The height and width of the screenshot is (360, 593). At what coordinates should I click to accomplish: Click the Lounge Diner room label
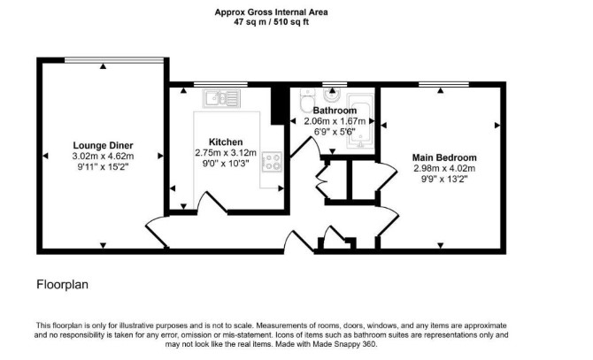(103, 145)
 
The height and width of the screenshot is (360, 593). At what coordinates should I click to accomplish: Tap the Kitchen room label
(226, 142)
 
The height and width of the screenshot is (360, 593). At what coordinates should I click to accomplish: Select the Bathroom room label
(335, 111)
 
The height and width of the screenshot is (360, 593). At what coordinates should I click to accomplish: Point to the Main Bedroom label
(444, 157)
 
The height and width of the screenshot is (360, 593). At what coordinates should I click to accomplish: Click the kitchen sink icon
(221, 98)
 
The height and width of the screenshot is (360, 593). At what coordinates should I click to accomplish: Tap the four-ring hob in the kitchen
(272, 162)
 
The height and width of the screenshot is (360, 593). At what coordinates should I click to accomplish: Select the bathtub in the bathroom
(360, 120)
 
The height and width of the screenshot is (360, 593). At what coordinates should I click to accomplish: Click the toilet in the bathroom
(306, 100)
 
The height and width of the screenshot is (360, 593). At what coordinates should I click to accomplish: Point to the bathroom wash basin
(333, 96)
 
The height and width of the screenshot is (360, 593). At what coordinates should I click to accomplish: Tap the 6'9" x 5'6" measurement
(335, 132)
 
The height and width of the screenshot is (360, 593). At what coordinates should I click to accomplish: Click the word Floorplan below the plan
(63, 285)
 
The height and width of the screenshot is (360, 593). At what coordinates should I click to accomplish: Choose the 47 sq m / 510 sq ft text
(271, 22)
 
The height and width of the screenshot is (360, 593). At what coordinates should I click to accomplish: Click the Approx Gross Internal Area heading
(271, 12)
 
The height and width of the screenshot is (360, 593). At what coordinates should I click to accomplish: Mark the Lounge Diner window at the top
(114, 59)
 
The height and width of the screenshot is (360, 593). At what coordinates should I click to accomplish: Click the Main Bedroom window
(443, 84)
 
